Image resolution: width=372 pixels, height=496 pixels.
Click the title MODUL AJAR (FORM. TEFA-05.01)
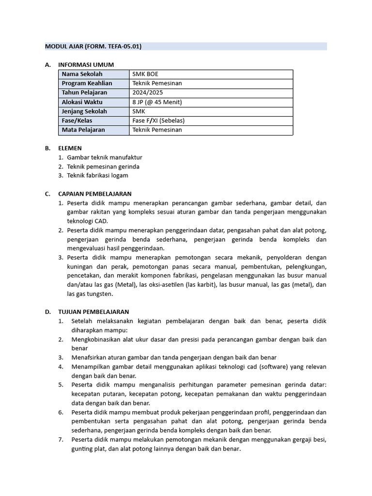coord(93,46)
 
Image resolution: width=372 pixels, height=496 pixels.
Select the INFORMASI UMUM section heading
coord(86,64)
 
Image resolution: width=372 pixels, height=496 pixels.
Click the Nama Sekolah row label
coord(82,74)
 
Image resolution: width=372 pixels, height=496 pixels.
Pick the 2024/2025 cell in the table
coord(149,93)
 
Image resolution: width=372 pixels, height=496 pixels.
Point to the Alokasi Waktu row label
coord(82,102)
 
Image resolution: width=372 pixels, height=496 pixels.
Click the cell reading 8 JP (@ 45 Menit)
coord(157,102)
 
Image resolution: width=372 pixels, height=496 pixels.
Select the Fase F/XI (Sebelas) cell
coord(158,121)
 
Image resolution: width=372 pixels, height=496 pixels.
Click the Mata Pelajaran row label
coord(83,130)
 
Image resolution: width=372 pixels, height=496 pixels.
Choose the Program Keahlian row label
coord(87,83)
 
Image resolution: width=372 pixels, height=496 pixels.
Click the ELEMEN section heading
coord(70,148)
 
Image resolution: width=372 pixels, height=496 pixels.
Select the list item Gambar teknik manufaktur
coord(105,157)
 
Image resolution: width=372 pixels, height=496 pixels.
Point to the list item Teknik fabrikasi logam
coord(97,175)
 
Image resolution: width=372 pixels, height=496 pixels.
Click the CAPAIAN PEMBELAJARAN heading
coord(94,194)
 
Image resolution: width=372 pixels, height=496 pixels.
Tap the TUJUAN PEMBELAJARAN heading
coord(93,311)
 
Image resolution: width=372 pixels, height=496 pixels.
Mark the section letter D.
coord(47,311)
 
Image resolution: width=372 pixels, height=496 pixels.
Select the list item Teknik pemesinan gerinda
coord(103,166)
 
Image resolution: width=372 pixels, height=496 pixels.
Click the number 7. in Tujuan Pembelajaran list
coord(61,439)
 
